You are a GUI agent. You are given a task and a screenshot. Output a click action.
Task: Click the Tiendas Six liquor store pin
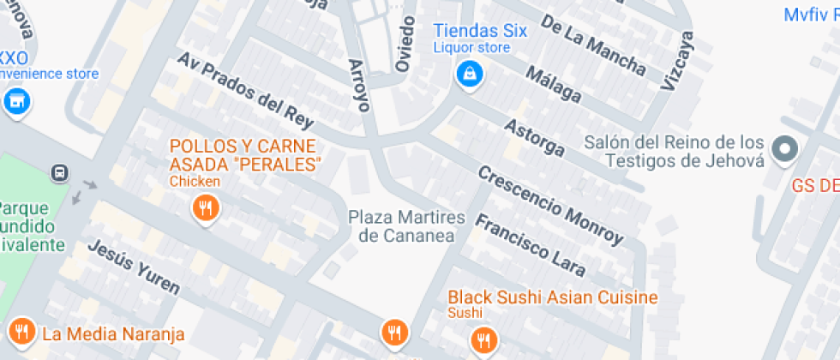pyautogui.click(x=469, y=75)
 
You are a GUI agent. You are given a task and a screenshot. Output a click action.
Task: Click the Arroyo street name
pyautogui.click(x=360, y=86)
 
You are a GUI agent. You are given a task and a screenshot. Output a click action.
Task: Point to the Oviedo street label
pyautogui.click(x=405, y=43)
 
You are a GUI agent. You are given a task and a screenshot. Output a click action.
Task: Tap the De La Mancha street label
pyautogui.click(x=593, y=48)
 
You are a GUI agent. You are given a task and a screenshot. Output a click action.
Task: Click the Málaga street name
pyautogui.click(x=553, y=85)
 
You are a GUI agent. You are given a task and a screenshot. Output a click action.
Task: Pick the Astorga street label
pyautogui.click(x=534, y=138)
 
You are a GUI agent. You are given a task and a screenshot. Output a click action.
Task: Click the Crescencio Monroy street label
pyautogui.click(x=549, y=203)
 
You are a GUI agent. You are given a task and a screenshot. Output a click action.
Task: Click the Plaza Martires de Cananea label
pyautogui.click(x=406, y=226)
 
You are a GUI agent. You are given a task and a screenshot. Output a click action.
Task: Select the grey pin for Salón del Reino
pyautogui.click(x=783, y=152)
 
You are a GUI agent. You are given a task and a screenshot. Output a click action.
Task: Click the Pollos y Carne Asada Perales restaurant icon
pyautogui.click(x=204, y=209)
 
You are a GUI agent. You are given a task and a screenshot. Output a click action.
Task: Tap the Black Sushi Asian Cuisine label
pyautogui.click(x=553, y=297)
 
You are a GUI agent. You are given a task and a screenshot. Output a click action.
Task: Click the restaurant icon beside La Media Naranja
pyautogui.click(x=21, y=332)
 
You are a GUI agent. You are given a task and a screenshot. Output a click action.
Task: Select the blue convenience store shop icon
pyautogui.click(x=15, y=103)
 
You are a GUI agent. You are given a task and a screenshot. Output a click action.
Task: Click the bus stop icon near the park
pyautogui.click(x=60, y=172)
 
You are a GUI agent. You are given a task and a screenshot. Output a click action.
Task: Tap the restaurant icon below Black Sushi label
pyautogui.click(x=484, y=340)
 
